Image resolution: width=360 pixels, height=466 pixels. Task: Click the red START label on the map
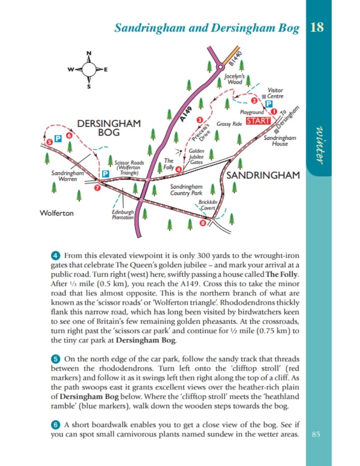click(x=258, y=120)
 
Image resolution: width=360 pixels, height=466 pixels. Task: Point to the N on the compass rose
click(x=89, y=53)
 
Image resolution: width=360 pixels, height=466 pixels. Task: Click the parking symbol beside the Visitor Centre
click(x=269, y=103)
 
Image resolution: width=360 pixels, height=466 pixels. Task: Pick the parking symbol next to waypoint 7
click(x=106, y=174)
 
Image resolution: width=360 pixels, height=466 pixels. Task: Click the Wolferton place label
click(x=56, y=213)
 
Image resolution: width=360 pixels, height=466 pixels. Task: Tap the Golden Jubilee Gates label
click(x=196, y=156)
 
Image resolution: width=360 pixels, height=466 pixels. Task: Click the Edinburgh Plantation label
click(x=123, y=214)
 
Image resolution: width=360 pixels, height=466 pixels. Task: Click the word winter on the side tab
click(x=321, y=144)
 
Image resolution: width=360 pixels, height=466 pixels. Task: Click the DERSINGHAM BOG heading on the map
click(x=108, y=128)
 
